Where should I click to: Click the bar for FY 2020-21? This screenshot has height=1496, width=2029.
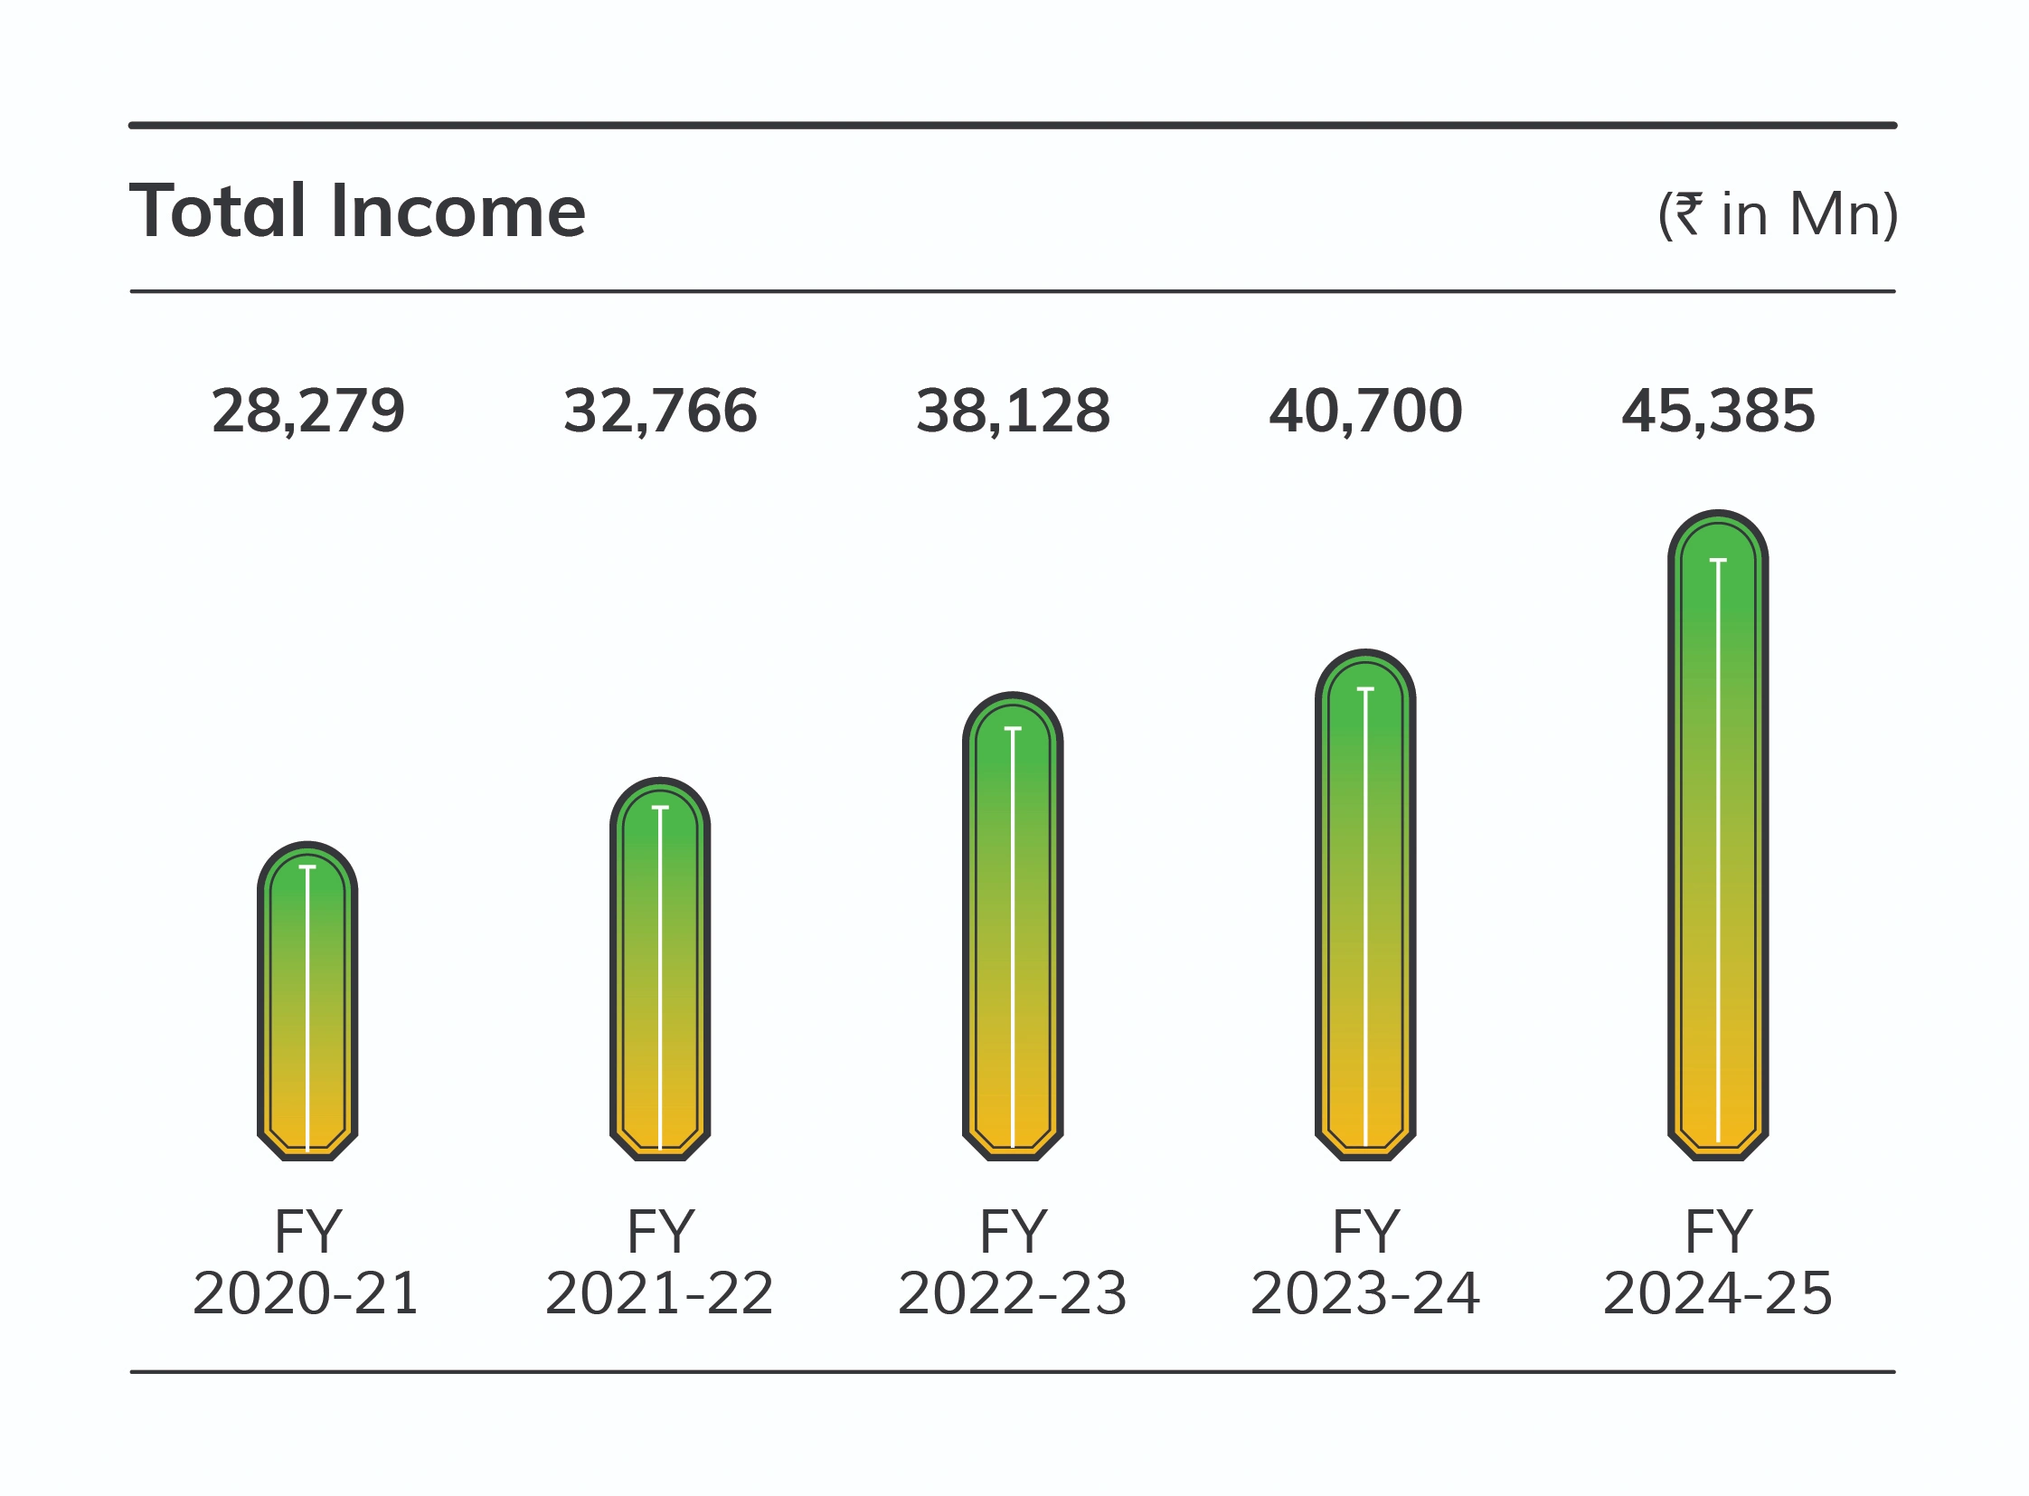[307, 999]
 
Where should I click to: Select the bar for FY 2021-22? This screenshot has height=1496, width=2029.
[660, 968]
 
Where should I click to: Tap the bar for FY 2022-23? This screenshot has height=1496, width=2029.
[1012, 925]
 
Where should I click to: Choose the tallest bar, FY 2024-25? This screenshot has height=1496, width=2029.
[1718, 835]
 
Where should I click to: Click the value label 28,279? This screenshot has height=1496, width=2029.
[307, 412]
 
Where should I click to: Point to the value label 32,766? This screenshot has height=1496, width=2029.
[660, 412]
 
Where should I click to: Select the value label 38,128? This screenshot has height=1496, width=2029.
[1012, 412]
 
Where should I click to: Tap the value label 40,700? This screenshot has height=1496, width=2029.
[1365, 412]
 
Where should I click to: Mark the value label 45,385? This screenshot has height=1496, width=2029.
[1718, 412]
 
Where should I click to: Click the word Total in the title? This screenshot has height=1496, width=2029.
[217, 211]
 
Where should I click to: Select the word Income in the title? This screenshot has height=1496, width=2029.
[458, 211]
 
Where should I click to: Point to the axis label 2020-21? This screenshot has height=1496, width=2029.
[306, 1294]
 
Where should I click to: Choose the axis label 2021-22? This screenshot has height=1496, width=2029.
[659, 1294]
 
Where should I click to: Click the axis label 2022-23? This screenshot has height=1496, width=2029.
[1012, 1294]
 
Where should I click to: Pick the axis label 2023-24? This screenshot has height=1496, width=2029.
[1365, 1294]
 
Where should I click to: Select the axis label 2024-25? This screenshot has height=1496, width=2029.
[1718, 1294]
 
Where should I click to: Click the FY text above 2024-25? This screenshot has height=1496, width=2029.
[1719, 1233]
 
